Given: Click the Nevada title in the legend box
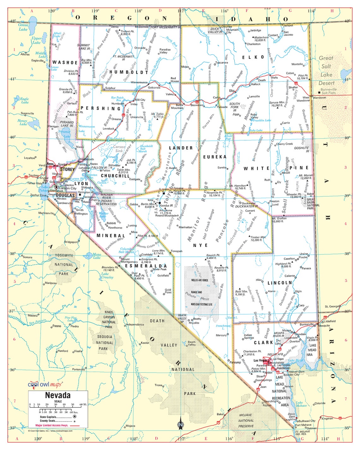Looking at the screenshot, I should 58,395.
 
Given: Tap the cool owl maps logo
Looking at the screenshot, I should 45,384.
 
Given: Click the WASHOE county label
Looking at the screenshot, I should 65,63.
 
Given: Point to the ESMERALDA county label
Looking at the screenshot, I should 146,266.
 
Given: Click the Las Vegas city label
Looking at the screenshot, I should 261,360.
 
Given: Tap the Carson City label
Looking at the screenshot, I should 68,188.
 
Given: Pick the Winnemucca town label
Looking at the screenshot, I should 139,82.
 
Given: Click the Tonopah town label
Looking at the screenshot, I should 177,251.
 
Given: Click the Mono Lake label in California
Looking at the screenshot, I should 97,256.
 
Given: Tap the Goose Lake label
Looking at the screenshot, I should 23,27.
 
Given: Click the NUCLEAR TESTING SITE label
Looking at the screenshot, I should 201,304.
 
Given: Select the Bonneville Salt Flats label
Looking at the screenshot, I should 328,91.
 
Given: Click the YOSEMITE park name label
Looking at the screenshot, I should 64,255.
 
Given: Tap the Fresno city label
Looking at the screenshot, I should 57,326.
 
